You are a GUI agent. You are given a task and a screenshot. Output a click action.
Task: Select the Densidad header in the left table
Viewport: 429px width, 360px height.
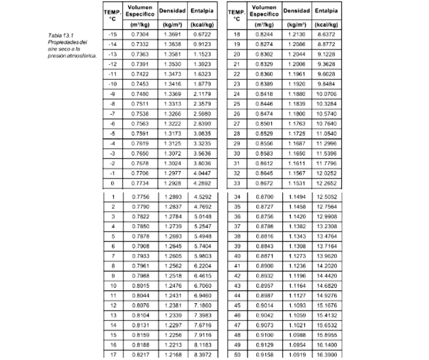[x=172, y=11]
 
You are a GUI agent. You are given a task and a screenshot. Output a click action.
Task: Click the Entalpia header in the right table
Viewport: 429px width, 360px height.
[x=327, y=11]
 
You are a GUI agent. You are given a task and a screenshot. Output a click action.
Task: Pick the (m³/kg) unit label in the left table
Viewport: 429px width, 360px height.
[x=140, y=24]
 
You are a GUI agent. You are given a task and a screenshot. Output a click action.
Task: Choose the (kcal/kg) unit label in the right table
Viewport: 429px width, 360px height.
[x=327, y=24]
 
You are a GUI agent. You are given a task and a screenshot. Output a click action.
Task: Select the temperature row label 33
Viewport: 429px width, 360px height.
[x=236, y=183]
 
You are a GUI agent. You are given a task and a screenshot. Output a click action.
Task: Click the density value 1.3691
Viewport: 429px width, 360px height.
[x=172, y=35]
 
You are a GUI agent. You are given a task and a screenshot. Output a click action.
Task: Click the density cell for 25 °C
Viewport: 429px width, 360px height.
[x=295, y=104]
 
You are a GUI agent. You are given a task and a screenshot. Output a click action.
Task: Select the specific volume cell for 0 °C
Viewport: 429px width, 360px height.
[x=140, y=183]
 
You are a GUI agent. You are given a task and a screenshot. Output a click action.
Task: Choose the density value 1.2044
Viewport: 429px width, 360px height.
[x=295, y=54]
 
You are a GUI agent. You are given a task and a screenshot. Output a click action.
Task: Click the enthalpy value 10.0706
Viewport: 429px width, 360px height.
[x=327, y=94]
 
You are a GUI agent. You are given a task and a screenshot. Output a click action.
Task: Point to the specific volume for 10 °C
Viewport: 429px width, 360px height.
[x=140, y=286]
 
